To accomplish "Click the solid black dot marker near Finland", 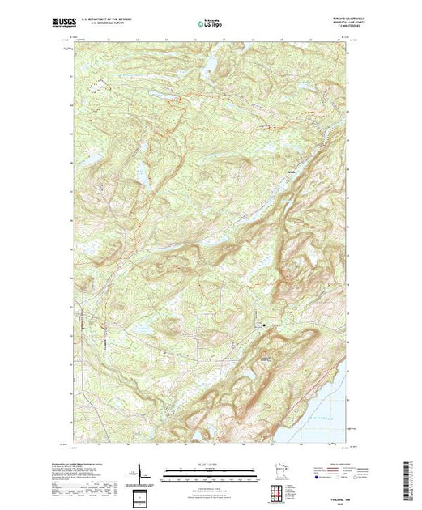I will click(x=264, y=325).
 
